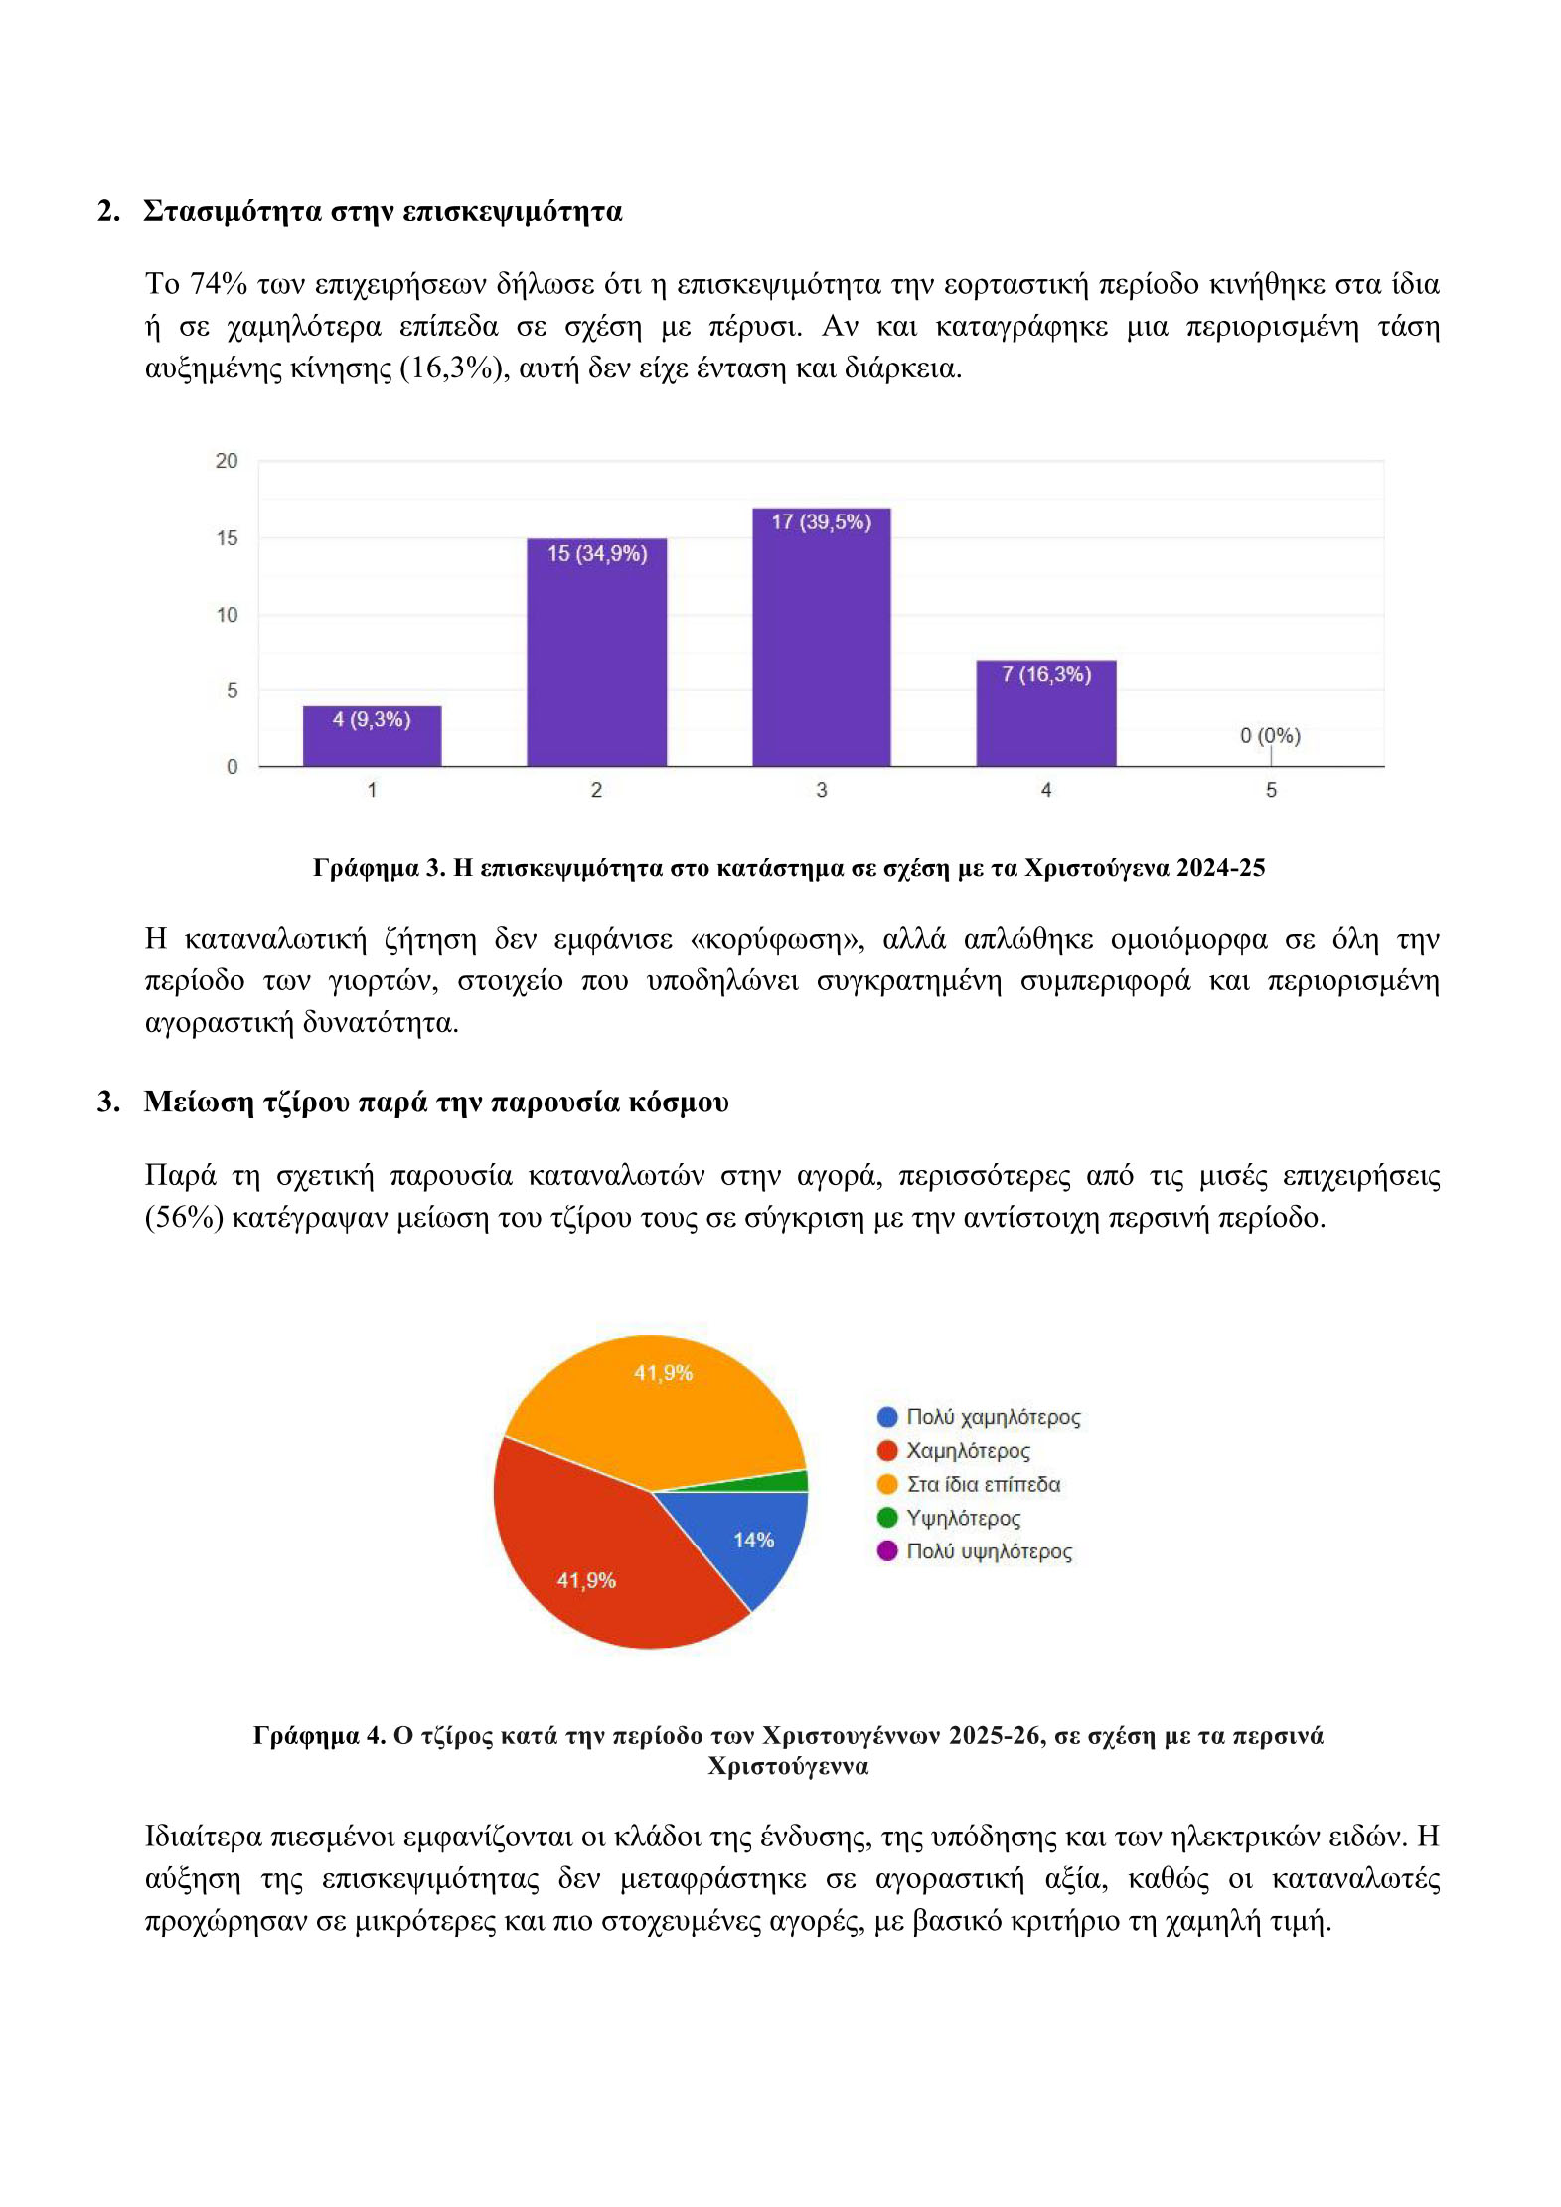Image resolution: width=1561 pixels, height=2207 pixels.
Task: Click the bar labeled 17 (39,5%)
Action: tap(821, 641)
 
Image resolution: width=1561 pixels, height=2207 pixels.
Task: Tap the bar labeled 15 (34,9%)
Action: tap(596, 656)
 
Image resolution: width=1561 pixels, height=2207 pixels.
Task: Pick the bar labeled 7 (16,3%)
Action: tap(1045, 715)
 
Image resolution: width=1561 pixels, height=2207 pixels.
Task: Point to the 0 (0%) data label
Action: tap(1269, 736)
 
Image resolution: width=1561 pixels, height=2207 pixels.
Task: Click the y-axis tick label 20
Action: tap(227, 461)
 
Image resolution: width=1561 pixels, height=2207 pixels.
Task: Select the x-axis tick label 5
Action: tap(1270, 790)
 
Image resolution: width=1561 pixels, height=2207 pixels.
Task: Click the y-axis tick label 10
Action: tap(227, 615)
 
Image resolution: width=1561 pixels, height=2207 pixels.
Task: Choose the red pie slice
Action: tap(596, 1559)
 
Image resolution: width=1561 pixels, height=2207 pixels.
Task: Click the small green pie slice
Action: tap(790, 1481)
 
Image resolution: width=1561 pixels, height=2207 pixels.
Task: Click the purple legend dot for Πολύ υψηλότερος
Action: tap(887, 1550)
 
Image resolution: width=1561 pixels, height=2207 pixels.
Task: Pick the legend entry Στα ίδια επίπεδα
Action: tap(983, 1484)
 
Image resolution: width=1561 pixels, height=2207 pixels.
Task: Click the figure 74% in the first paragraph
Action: tap(218, 284)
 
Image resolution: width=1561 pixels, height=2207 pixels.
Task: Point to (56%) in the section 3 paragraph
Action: tap(184, 1217)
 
